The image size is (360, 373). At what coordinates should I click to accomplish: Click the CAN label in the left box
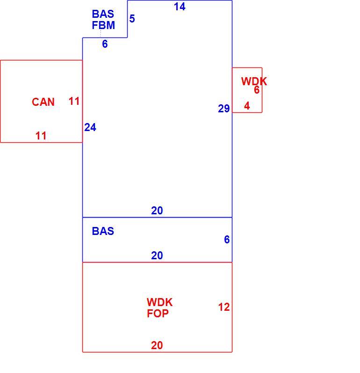[43, 102]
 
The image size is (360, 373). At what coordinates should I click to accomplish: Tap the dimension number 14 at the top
[180, 7]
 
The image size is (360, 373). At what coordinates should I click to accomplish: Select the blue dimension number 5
[132, 19]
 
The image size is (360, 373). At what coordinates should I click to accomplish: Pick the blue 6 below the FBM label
[105, 44]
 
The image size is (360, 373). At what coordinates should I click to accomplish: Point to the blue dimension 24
[90, 127]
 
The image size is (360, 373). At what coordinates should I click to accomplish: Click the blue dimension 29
[224, 109]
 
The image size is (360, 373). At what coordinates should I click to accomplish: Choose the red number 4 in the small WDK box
[247, 106]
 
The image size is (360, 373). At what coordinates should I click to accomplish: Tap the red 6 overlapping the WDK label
[257, 90]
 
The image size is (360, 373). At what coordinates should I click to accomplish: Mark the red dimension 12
[224, 307]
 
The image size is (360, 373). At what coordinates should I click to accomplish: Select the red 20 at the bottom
[157, 345]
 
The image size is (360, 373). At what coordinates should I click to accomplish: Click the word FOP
[158, 313]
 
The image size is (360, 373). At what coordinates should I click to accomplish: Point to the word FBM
[103, 25]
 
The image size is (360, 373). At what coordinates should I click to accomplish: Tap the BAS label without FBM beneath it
[103, 231]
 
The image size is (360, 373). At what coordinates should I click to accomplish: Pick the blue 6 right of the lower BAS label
[227, 239]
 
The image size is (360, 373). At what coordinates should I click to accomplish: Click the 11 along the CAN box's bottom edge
[41, 136]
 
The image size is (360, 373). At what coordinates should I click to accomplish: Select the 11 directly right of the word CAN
[74, 101]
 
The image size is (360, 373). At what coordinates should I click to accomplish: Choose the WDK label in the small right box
[254, 81]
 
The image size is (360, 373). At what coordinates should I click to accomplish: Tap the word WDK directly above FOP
[160, 302]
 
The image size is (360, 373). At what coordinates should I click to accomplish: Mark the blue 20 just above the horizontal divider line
[157, 211]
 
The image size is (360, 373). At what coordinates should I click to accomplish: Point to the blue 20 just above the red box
[157, 256]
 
